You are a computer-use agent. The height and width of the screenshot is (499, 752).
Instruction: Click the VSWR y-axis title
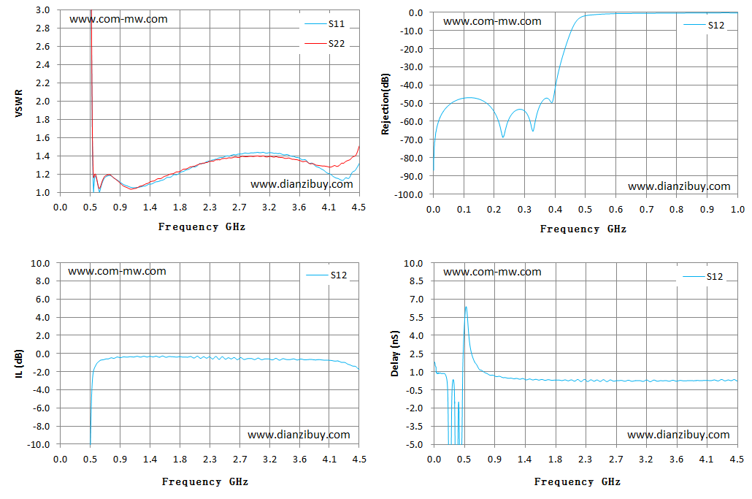pos(19,103)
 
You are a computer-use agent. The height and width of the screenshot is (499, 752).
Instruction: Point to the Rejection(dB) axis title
pos(385,104)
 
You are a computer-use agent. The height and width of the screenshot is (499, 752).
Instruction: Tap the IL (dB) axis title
pos(19,364)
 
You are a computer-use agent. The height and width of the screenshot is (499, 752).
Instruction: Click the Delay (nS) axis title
pos(395,354)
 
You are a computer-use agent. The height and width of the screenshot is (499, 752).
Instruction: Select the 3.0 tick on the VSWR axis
pos(42,10)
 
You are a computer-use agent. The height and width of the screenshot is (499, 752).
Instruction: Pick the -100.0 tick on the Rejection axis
pos(409,195)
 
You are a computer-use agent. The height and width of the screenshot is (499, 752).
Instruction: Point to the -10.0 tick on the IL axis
pos(39,445)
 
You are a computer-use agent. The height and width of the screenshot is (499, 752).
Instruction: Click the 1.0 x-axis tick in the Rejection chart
pos(737,210)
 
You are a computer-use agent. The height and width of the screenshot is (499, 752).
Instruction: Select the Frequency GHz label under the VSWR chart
pos(202,227)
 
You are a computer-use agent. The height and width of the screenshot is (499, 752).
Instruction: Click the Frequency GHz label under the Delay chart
pos(578,481)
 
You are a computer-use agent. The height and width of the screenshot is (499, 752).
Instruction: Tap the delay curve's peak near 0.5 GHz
pos(466,307)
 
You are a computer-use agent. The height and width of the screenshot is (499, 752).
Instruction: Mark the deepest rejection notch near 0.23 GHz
pos(502,137)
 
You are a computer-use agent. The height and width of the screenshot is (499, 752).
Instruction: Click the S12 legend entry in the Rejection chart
pos(704,25)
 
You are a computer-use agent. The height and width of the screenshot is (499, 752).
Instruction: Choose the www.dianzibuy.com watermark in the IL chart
pos(299,435)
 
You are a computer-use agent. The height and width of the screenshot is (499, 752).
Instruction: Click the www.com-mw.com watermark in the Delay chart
pos(492,272)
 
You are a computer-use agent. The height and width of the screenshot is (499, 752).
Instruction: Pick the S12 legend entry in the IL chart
pos(326,275)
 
